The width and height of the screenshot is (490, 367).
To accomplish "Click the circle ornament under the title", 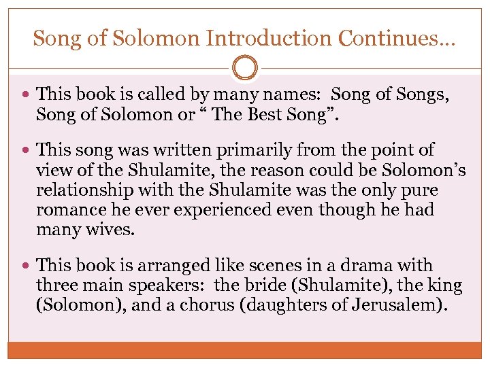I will (245, 67).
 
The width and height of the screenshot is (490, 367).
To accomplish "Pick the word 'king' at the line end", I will (446, 285).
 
